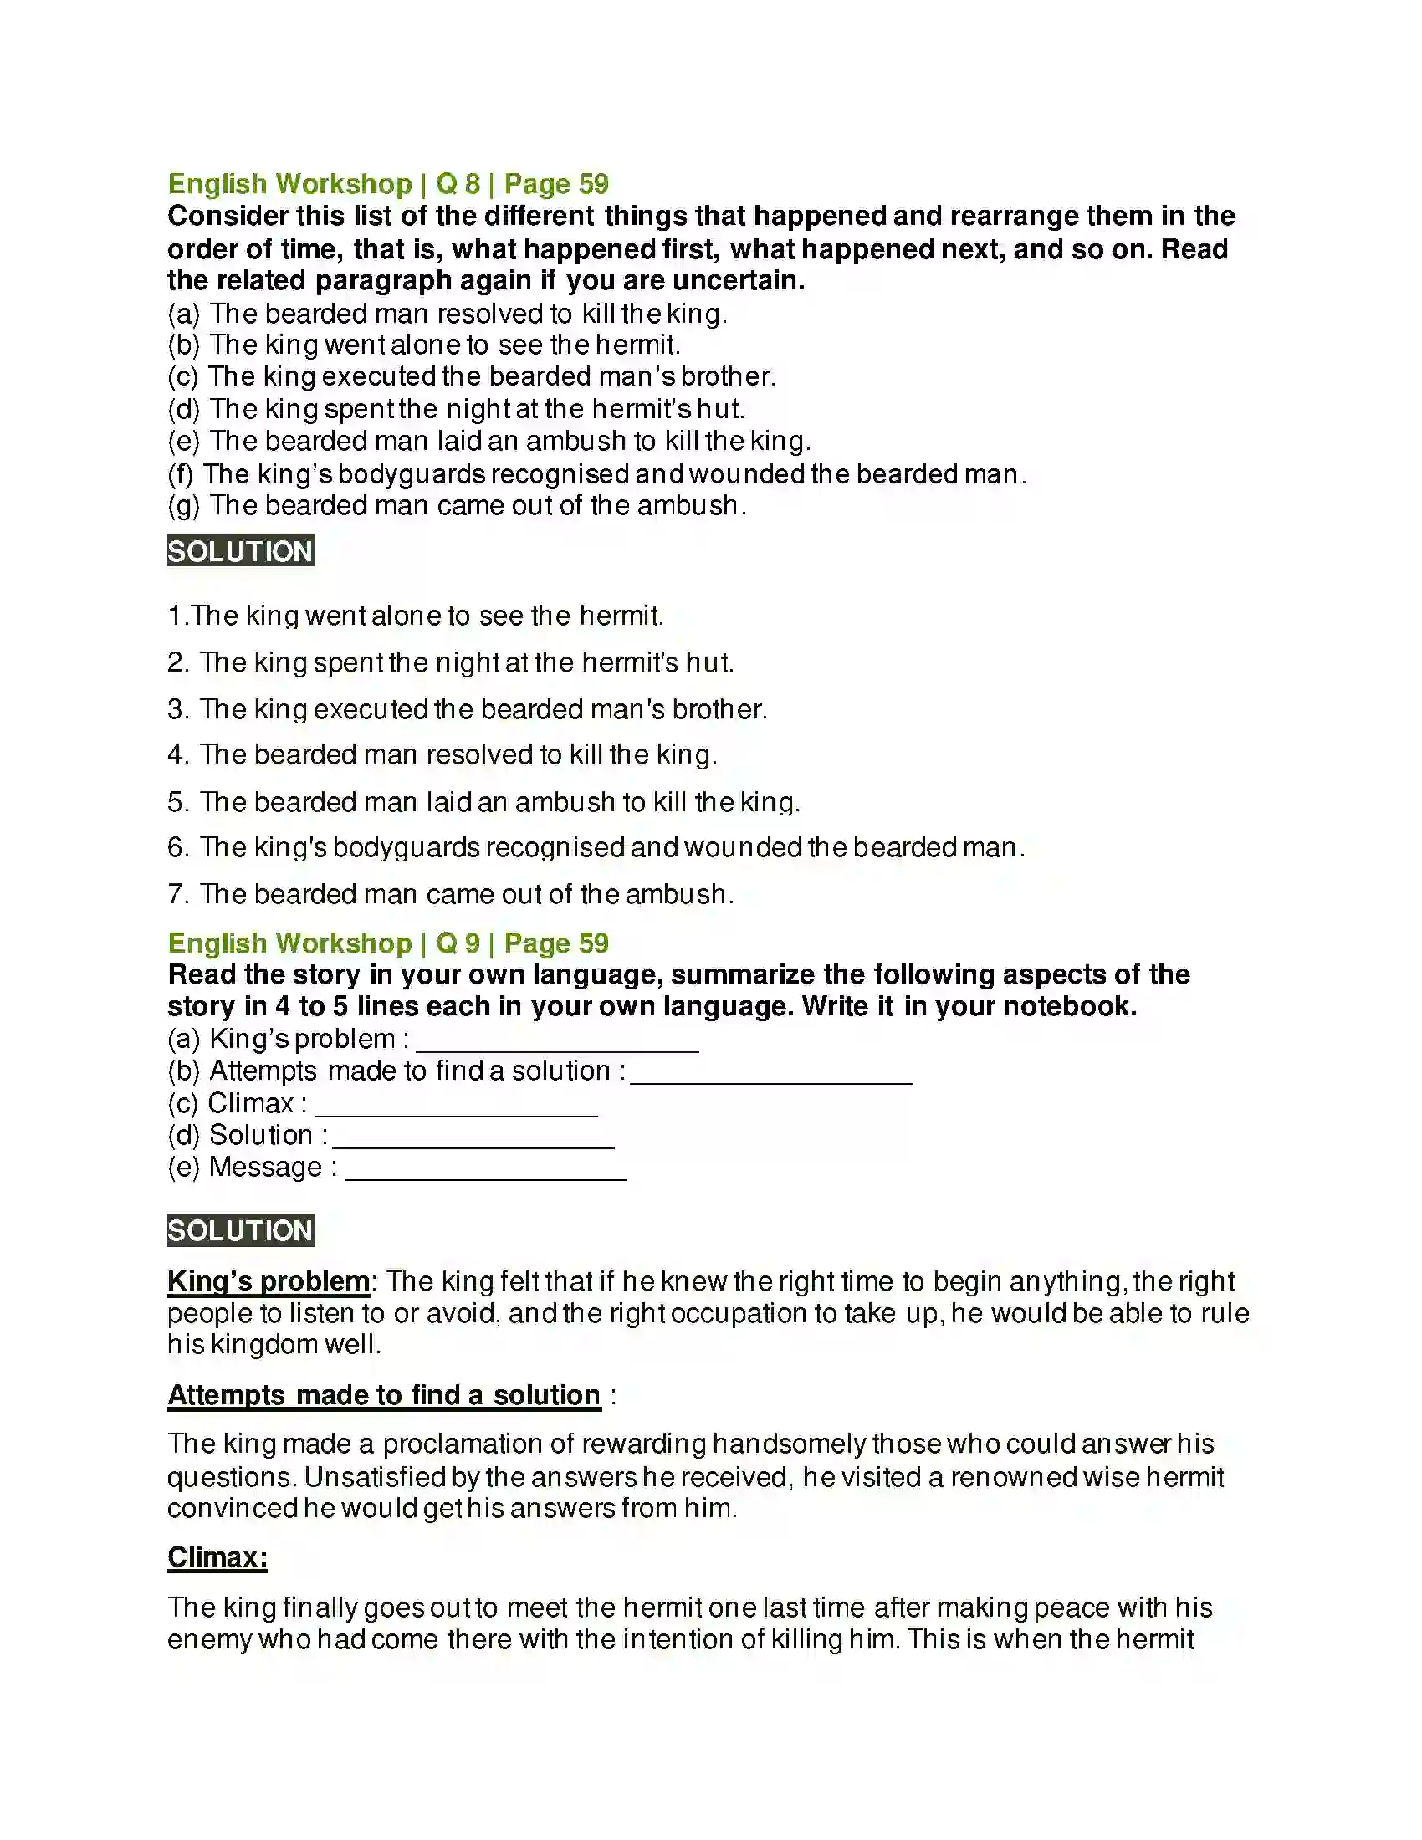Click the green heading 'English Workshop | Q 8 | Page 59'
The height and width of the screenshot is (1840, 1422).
click(387, 184)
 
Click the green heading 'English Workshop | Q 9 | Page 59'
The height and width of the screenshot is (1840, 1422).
click(387, 943)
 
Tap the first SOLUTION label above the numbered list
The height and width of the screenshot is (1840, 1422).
click(240, 551)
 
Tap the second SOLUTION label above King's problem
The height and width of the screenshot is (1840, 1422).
click(240, 1231)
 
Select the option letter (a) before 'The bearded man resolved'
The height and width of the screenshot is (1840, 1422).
click(184, 314)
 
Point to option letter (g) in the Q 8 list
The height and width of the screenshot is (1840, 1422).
click(184, 506)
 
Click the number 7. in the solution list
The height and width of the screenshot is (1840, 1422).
click(177, 894)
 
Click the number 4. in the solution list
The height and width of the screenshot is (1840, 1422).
click(177, 755)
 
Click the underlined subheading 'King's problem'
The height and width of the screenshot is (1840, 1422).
click(268, 1281)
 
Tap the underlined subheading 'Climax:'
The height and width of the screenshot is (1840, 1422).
click(217, 1557)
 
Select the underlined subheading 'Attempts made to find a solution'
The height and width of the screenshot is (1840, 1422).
click(383, 1395)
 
